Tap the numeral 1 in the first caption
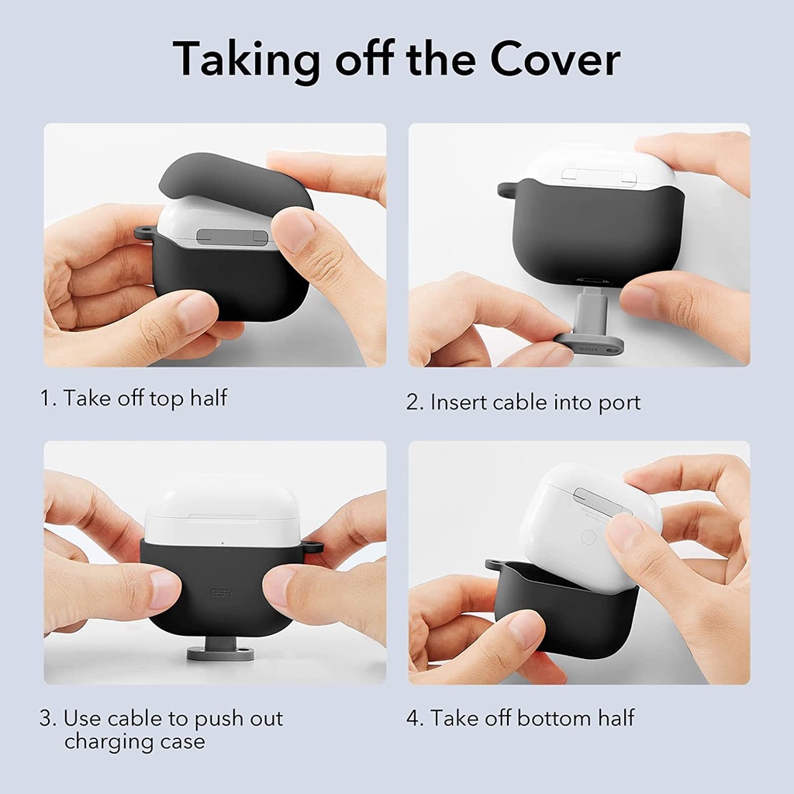pyautogui.click(x=46, y=399)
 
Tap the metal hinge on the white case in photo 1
pyautogui.click(x=233, y=236)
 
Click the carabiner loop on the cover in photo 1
pyautogui.click(x=143, y=233)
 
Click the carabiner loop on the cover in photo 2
pyautogui.click(x=506, y=188)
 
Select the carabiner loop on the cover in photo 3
pyautogui.click(x=312, y=547)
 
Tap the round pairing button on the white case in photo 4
pyautogui.click(x=589, y=537)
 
